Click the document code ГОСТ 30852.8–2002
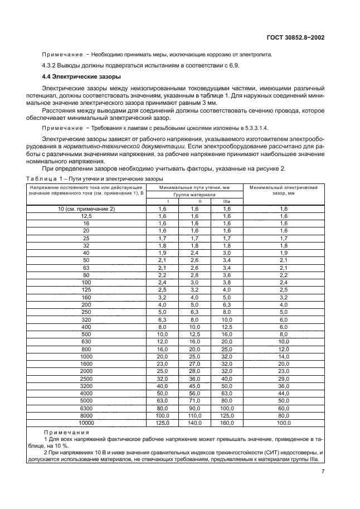coord(296,37)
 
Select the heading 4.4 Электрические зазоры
coord(77,77)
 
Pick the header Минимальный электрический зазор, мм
coord(283,191)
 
